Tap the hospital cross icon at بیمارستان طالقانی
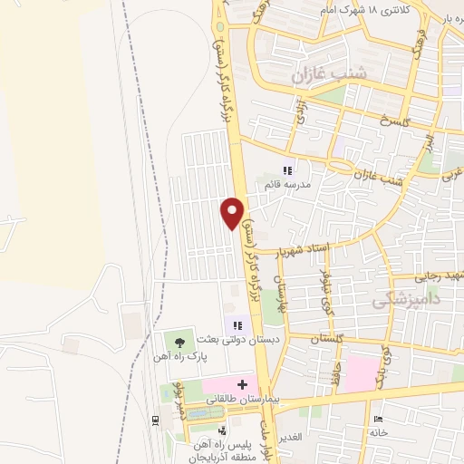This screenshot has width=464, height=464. tap(243, 384)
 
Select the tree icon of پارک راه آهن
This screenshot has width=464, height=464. tap(179, 343)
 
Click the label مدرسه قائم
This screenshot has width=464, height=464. tap(287, 184)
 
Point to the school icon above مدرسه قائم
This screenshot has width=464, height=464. tap(288, 169)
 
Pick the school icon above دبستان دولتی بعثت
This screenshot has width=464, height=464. tap(238, 325)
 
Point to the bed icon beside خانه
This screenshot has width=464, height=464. tap(378, 419)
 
